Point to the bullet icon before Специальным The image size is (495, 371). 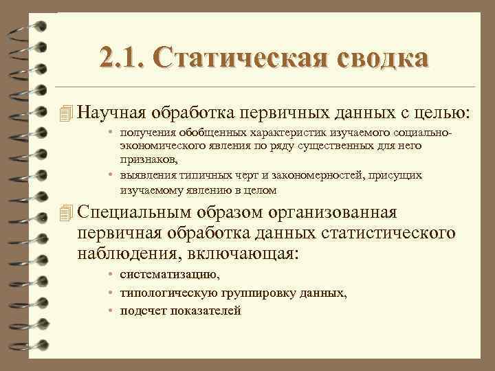click(x=65, y=212)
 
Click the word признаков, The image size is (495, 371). click(x=148, y=159)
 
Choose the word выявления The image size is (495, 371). click(x=146, y=176)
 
